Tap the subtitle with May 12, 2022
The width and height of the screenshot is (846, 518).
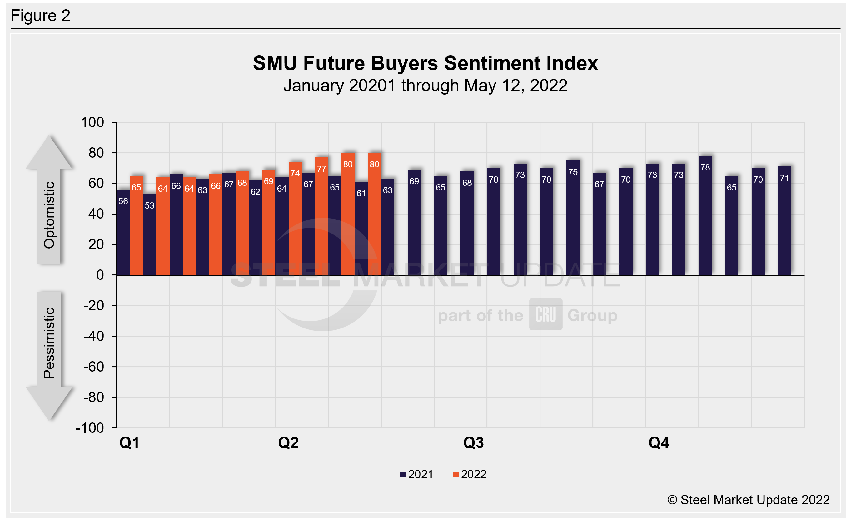(x=425, y=86)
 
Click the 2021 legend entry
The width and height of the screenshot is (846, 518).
(x=416, y=474)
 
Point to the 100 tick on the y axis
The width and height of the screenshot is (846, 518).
(x=92, y=122)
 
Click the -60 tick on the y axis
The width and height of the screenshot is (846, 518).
(x=93, y=367)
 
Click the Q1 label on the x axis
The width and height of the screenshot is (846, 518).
(x=129, y=443)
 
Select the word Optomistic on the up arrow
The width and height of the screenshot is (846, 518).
(x=49, y=215)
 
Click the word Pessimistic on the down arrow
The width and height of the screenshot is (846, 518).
(x=49, y=343)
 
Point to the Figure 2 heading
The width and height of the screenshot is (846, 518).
(x=40, y=16)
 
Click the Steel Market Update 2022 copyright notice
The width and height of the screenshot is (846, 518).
(x=748, y=500)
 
